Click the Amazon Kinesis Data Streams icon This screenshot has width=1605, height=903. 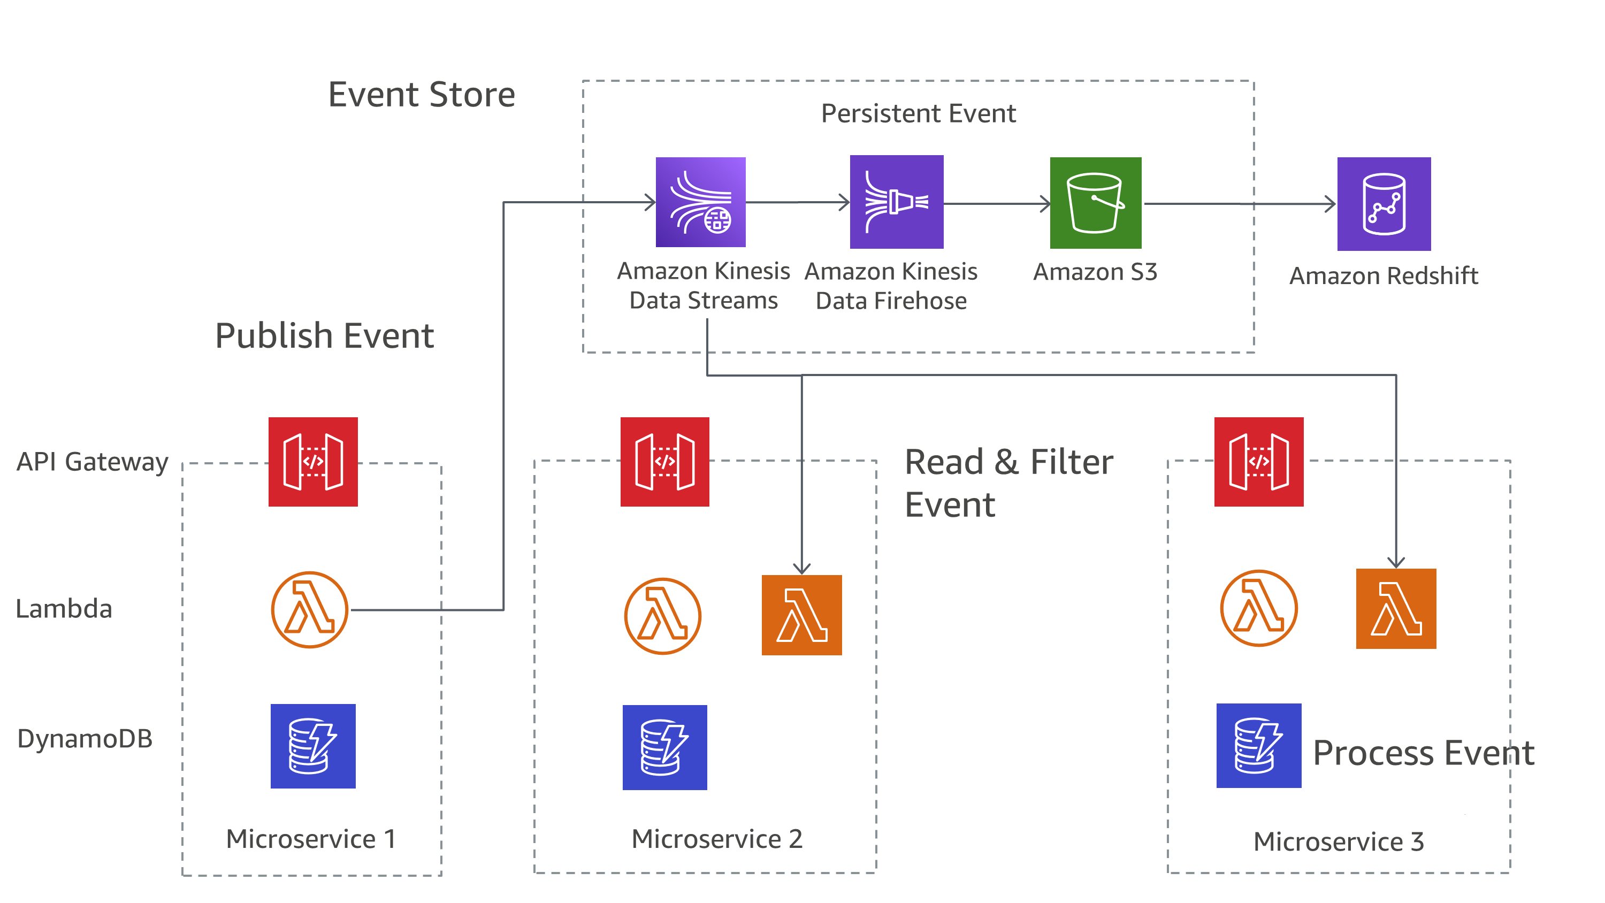tap(700, 202)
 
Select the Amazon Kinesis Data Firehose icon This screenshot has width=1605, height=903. tap(896, 202)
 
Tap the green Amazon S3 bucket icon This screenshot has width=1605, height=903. tap(1095, 203)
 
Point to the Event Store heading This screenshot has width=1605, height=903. tap(421, 95)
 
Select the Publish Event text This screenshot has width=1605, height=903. tap(324, 336)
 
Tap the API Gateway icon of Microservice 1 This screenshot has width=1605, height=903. tap(313, 462)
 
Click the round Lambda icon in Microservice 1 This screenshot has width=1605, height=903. tap(309, 609)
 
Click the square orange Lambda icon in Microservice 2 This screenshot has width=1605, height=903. tap(801, 615)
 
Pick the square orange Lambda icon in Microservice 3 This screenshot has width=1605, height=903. tap(1396, 608)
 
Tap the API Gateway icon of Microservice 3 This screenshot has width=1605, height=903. tap(1258, 462)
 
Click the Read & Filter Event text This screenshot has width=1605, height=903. tap(1008, 483)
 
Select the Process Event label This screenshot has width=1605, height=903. tap(1423, 753)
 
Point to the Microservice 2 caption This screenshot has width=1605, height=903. tap(716, 839)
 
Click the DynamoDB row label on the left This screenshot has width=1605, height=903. tap(85, 738)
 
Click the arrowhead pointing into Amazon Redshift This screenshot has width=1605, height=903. tap(1331, 204)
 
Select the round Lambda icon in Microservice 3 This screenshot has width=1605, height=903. tap(1258, 608)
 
